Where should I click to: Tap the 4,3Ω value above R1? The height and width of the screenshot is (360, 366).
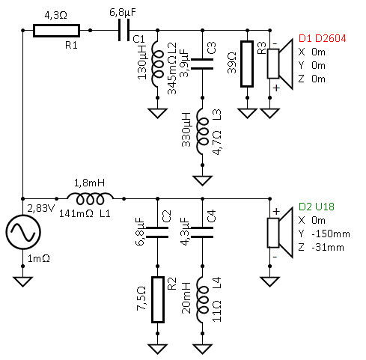pos(56,16)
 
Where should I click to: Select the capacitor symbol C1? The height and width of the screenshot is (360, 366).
pos(123,31)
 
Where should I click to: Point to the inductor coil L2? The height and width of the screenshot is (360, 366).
pos(157,64)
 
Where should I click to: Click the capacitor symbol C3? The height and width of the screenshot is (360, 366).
pos(202,64)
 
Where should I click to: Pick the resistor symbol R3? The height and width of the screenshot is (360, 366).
pos(247,64)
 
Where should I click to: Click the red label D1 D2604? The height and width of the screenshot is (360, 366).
pos(322,38)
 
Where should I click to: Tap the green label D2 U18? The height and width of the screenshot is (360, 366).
pos(316,207)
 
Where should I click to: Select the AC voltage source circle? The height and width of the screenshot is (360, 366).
pos(23,232)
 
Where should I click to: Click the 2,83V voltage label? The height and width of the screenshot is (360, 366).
pos(40,208)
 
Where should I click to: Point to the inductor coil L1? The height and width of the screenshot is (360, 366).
pos(90,198)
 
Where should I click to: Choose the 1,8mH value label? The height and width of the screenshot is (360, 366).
pos(89,183)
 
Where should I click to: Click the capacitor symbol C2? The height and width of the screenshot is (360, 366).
pos(157,232)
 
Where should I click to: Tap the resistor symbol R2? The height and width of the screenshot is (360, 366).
pos(158,299)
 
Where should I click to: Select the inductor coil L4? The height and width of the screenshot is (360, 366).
pos(202,299)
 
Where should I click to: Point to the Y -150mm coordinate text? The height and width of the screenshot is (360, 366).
pos(324,234)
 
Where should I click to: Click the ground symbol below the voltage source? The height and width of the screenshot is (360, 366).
pos(22,281)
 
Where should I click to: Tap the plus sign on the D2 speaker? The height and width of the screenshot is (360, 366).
pos(276,212)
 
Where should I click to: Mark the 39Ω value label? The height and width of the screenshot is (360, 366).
pos(232,63)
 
